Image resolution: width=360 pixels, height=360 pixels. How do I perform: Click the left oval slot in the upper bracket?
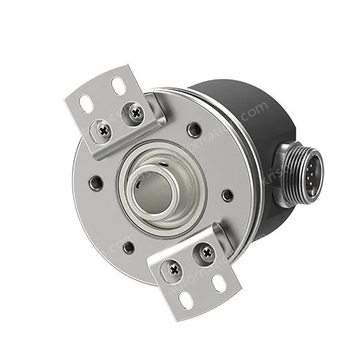point(87,102)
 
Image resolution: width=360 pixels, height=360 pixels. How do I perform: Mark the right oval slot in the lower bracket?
point(218,282)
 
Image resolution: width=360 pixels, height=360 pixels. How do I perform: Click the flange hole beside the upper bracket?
point(195,129)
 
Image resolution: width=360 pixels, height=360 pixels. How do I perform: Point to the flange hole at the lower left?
point(127,245)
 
